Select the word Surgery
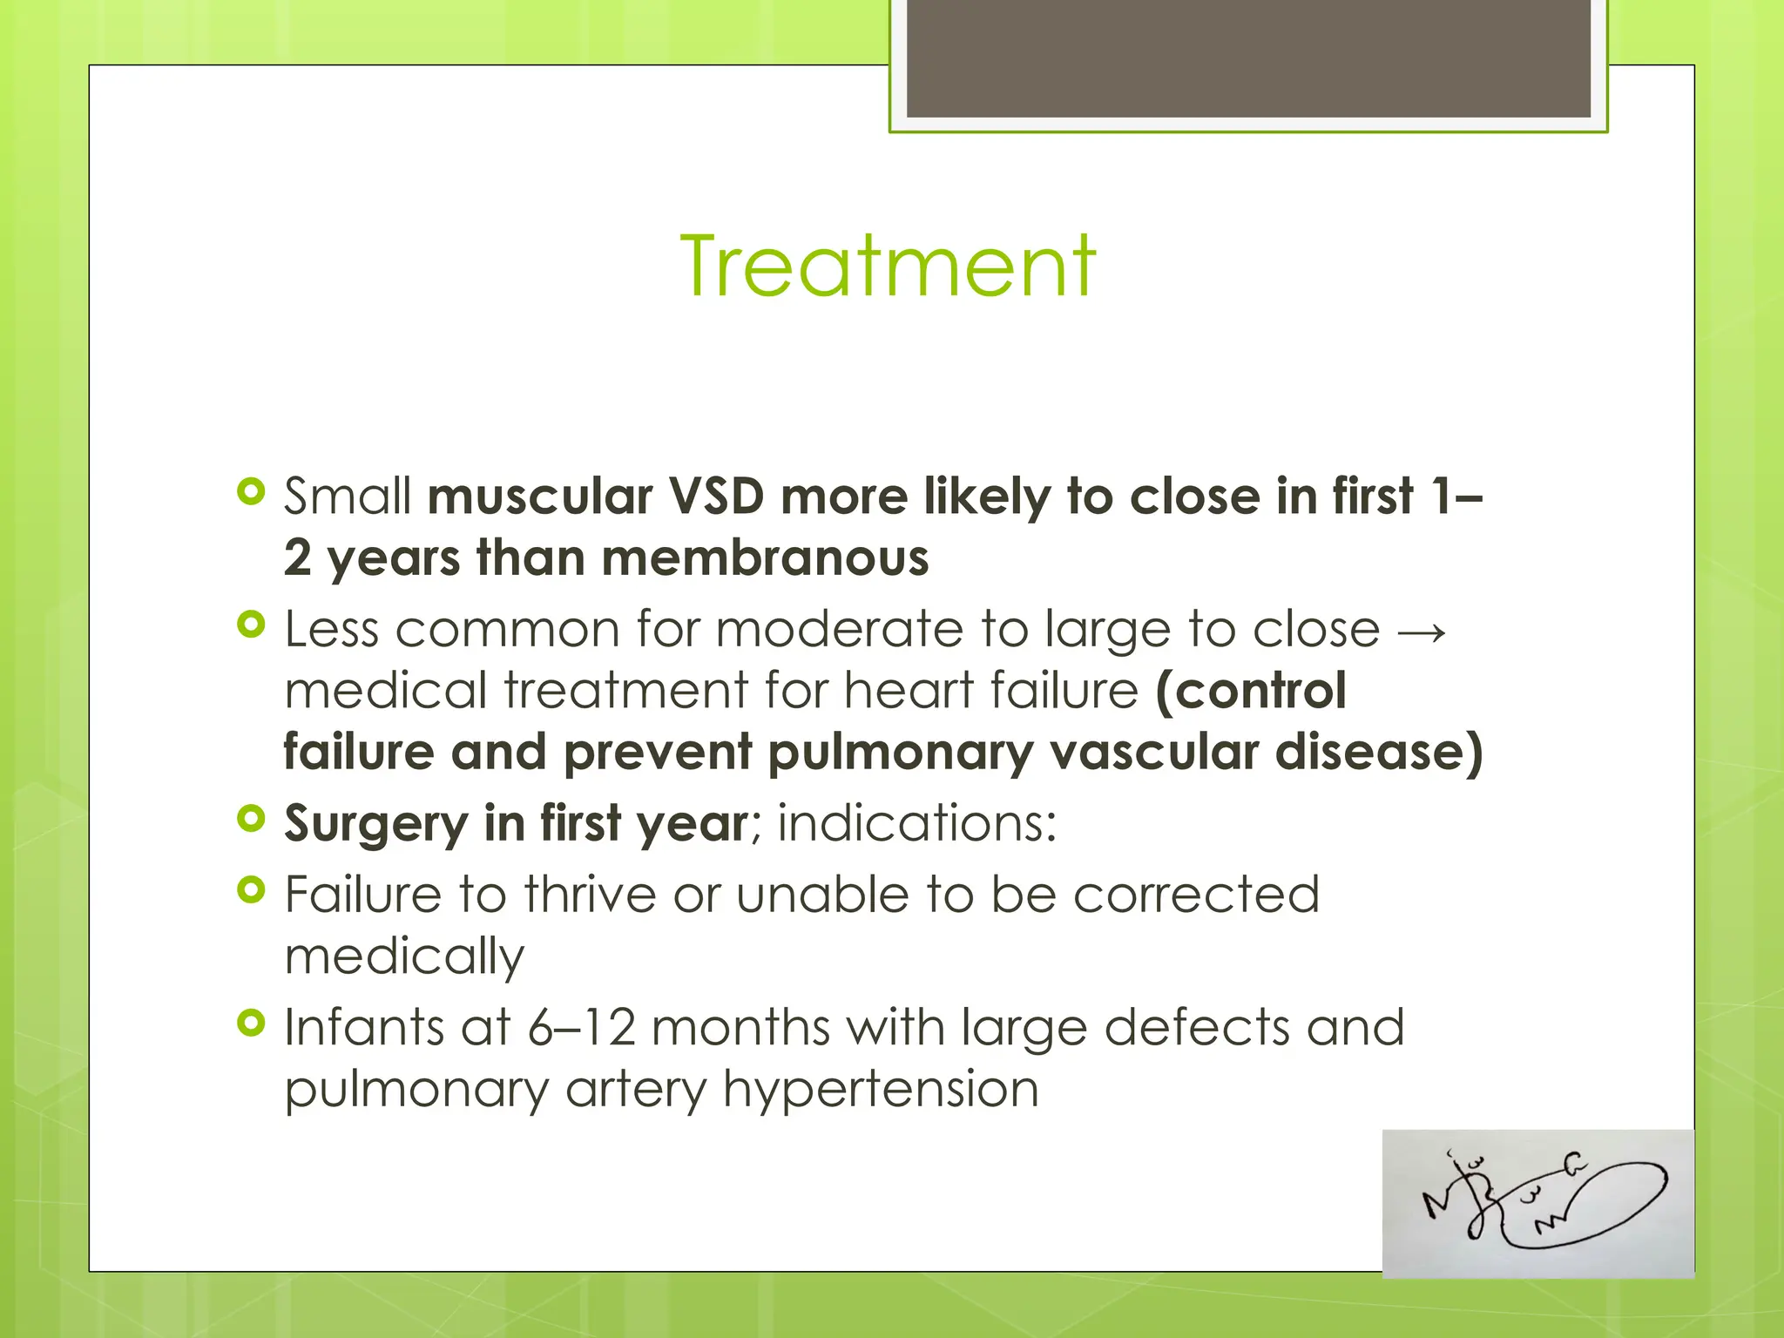click(x=377, y=823)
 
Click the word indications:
click(x=916, y=823)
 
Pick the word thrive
click(x=590, y=895)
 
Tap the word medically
click(x=404, y=956)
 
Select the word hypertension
click(x=881, y=1089)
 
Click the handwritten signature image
click(x=1537, y=1203)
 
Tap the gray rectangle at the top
click(x=1247, y=58)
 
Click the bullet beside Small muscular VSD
click(x=251, y=492)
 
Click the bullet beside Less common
click(x=251, y=625)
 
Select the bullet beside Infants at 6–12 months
click(x=251, y=1024)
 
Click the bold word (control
click(x=1250, y=691)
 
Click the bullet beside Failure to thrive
click(x=251, y=890)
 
